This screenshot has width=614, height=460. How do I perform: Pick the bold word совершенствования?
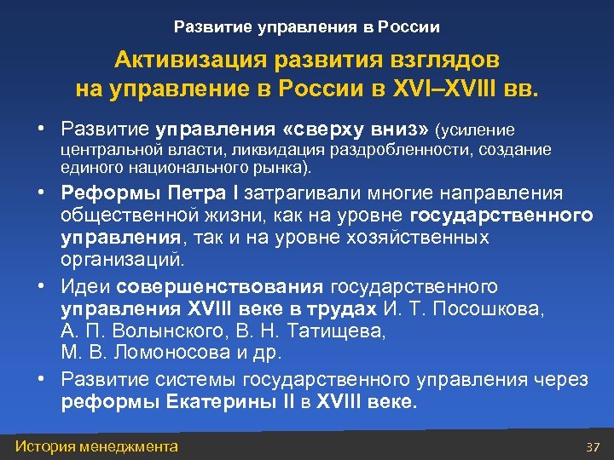221,286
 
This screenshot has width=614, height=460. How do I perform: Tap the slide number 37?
594,447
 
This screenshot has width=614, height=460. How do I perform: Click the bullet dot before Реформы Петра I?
41,193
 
